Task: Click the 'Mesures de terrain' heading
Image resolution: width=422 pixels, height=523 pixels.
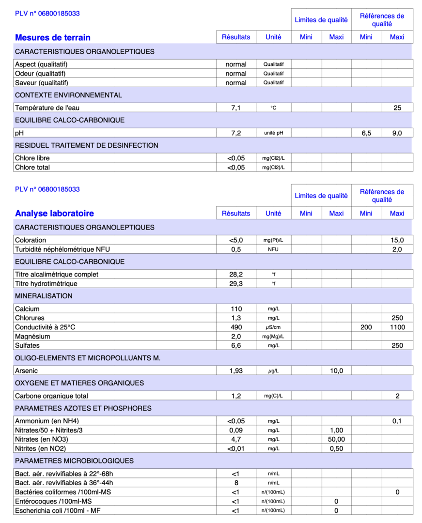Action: point(52,37)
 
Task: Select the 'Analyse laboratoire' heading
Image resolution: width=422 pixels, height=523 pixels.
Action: point(54,213)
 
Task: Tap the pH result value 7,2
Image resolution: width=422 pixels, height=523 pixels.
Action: point(236,133)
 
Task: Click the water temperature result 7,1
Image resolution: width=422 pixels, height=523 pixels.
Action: point(236,108)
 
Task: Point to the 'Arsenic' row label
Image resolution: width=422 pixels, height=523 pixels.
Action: point(27,371)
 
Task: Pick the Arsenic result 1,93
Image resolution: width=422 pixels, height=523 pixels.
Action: point(236,371)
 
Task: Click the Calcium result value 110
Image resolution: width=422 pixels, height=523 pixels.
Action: point(236,309)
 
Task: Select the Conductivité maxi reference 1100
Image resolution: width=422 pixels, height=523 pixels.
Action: point(397,327)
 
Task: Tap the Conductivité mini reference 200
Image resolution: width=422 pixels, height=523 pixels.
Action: point(366,327)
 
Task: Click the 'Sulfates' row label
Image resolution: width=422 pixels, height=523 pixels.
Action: point(27,346)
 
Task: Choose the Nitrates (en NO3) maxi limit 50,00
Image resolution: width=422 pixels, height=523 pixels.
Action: point(336,439)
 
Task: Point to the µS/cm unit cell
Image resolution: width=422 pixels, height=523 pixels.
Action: point(273,327)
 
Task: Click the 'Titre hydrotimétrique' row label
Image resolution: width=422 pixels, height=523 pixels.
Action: point(46,284)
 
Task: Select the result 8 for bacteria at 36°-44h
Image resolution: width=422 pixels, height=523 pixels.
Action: point(236,483)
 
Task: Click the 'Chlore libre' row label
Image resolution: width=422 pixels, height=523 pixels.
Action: point(32,158)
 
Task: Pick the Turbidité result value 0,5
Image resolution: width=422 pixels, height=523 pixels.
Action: point(236,249)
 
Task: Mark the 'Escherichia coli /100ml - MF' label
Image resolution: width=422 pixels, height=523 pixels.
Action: point(58,510)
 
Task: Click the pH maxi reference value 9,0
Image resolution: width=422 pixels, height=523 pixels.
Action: point(397,133)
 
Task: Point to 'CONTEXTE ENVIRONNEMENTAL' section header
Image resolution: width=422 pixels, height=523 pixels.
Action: point(68,95)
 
